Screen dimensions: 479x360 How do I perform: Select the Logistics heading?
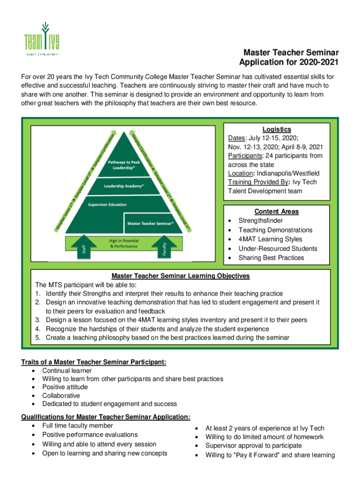coord(276,130)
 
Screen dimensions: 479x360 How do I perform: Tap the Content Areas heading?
coord(276,211)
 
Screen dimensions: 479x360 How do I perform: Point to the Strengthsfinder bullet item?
coord(260,221)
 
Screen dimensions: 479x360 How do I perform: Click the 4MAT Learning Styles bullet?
coord(270,239)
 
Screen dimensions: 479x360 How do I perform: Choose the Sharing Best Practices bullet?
coord(271,258)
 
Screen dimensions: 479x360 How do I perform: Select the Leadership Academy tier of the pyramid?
coord(123,186)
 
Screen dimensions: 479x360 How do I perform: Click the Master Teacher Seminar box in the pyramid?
coord(151,223)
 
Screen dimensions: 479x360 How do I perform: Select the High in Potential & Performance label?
coord(121,243)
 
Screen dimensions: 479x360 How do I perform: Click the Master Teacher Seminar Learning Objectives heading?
coord(180,276)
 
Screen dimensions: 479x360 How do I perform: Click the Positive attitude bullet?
coord(65,387)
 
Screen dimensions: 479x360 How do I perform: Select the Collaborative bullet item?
coord(61,396)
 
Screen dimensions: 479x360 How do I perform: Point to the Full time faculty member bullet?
coord(78,426)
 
